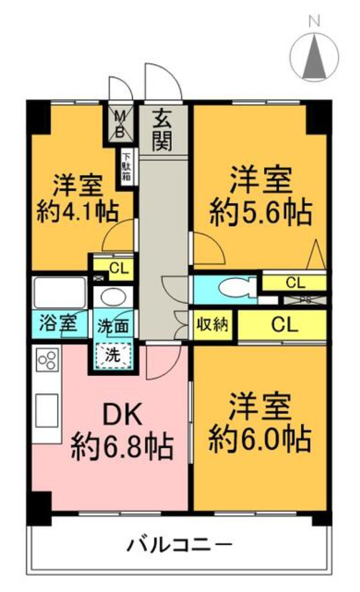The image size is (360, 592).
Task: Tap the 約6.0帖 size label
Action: tap(260, 440)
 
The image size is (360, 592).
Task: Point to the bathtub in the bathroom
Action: tap(59, 292)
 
